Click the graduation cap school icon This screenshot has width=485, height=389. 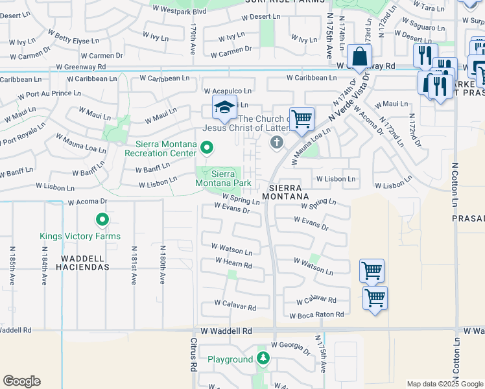pos(224,108)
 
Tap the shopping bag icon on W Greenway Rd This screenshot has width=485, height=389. pos(359,56)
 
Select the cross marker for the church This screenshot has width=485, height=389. pos(277,143)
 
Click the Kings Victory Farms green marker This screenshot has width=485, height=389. pos(102,220)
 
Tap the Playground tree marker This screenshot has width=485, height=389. pos(263,359)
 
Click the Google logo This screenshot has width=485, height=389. pos(21,381)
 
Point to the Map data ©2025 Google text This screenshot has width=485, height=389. pos(444,384)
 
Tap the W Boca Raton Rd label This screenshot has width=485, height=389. pos(316,315)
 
